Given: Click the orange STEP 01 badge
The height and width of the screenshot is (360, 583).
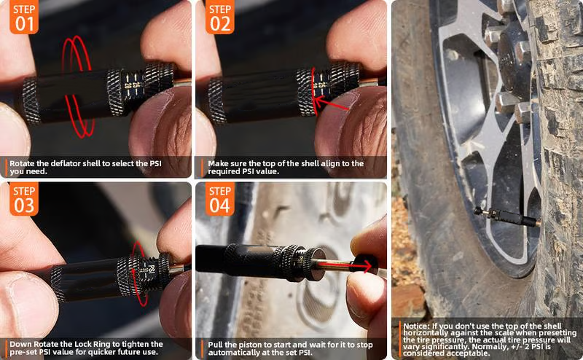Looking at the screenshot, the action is (24, 17).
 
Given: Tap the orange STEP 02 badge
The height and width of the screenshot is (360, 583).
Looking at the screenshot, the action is (220, 17).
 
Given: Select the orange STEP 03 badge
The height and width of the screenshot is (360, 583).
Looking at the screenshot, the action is (24, 199).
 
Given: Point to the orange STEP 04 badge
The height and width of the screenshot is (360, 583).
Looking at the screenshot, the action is (220, 199).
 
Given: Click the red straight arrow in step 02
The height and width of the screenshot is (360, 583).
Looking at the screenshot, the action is (331, 103).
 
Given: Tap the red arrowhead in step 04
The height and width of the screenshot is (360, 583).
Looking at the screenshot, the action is (367, 266).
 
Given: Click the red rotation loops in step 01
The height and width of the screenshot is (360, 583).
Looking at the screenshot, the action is (78, 86).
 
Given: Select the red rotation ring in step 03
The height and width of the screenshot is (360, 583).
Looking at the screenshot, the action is (140, 273).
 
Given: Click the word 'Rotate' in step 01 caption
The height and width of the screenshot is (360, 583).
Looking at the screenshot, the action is (22, 163).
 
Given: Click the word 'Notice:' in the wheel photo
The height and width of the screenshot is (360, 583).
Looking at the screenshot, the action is (416, 326).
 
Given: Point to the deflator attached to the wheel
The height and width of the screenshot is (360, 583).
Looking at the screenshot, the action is (507, 217).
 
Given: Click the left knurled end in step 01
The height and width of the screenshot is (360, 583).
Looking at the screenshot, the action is (31, 101).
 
